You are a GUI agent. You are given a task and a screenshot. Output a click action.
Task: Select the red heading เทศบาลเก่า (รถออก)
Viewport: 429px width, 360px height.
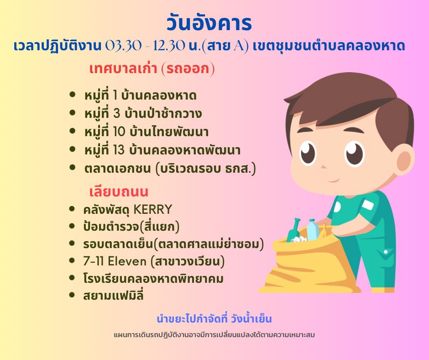click(152, 69)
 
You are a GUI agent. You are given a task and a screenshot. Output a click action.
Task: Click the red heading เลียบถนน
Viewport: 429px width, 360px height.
click(119, 191)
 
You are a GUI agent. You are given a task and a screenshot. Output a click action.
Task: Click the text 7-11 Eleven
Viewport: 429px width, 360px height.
click(115, 261)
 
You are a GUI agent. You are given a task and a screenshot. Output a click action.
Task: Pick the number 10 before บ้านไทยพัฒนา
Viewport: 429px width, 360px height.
click(119, 132)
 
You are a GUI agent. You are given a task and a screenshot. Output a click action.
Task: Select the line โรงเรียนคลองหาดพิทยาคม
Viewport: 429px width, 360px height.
click(153, 278)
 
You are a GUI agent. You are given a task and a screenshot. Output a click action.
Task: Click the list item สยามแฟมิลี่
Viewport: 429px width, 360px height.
click(113, 295)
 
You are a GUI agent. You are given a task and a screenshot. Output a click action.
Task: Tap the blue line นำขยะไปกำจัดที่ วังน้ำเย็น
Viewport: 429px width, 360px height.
click(214, 319)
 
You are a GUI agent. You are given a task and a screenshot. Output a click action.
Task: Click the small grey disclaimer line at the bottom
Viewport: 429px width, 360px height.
click(214, 335)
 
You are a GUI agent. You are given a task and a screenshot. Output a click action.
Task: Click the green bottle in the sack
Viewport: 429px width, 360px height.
click(293, 230)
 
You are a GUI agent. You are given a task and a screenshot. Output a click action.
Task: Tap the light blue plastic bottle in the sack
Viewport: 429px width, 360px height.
click(312, 230)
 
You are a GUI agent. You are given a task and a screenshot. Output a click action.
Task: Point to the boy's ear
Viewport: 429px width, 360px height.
click(404, 159)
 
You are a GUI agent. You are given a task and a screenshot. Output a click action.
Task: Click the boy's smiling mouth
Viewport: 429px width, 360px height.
click(333, 180)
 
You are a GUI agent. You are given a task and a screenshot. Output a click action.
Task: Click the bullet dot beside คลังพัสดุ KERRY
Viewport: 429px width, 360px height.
click(72, 209)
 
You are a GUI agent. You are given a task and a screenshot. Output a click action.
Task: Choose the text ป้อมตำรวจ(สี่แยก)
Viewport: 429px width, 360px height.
click(131, 227)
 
